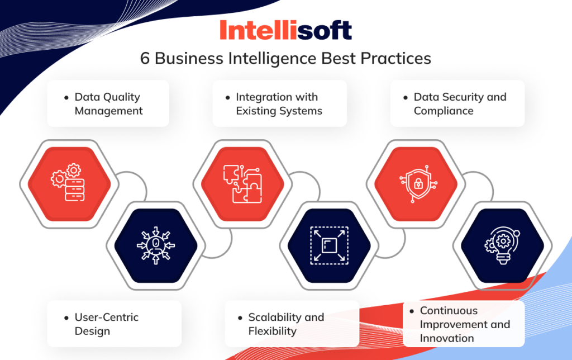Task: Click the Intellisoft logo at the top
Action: (x=285, y=30)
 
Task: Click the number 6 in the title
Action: (x=145, y=59)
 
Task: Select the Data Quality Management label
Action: (x=108, y=103)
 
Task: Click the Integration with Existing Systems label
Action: (x=279, y=103)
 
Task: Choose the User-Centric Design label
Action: (x=106, y=324)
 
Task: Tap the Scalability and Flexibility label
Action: (x=285, y=324)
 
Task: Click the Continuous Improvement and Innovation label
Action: (x=464, y=324)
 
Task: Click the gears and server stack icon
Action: (x=70, y=182)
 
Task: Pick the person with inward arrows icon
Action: (x=156, y=246)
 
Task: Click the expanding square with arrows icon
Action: (x=329, y=246)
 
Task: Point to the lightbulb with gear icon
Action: (x=502, y=246)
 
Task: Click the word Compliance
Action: (x=444, y=111)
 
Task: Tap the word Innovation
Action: (x=447, y=338)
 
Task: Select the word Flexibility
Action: (x=272, y=331)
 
